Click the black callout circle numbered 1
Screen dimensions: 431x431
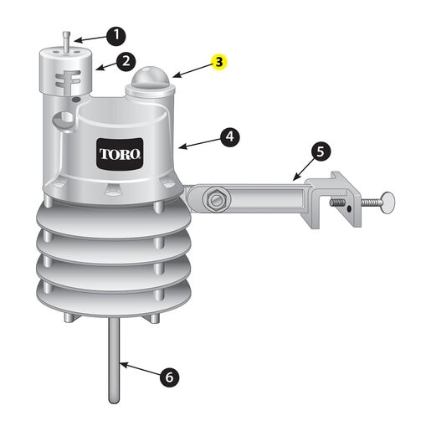coord(115,36)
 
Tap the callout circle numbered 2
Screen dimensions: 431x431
coord(126,61)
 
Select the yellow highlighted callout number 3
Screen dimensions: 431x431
coord(219,62)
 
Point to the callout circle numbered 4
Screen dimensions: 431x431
coord(229,136)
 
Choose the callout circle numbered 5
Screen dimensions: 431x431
coord(321,151)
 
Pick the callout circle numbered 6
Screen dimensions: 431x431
coord(169,377)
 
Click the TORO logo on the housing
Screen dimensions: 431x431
coord(120,154)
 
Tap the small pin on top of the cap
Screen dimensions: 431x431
coord(66,42)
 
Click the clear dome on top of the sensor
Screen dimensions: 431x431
coord(151,76)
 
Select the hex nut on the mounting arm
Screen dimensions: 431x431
coord(217,199)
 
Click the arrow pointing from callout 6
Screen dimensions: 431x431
coord(140,368)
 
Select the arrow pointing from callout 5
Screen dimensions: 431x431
coord(303,168)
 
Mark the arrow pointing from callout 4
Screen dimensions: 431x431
coord(199,143)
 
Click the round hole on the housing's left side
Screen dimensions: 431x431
coord(64,120)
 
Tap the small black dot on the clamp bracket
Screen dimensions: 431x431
coord(348,208)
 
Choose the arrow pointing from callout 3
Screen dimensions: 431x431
coord(192,70)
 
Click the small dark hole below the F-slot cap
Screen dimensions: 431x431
coord(76,99)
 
